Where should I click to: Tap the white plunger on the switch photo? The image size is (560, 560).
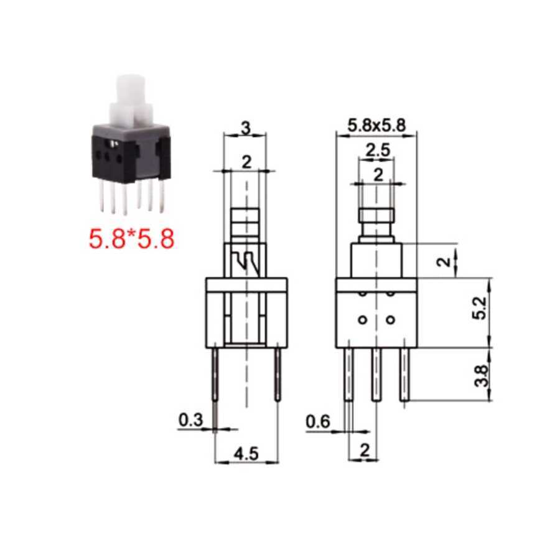click(131, 100)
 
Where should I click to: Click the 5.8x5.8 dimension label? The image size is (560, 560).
click(377, 125)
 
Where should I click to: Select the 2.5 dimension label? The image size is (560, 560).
click(378, 151)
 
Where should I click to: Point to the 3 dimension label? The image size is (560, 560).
click(246, 128)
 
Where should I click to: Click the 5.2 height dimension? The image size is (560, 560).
click(481, 308)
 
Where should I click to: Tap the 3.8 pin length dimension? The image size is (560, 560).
click(481, 376)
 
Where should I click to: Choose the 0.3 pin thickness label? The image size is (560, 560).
click(190, 420)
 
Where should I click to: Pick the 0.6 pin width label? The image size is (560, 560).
click(317, 422)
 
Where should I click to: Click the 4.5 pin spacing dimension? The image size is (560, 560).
click(246, 454)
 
